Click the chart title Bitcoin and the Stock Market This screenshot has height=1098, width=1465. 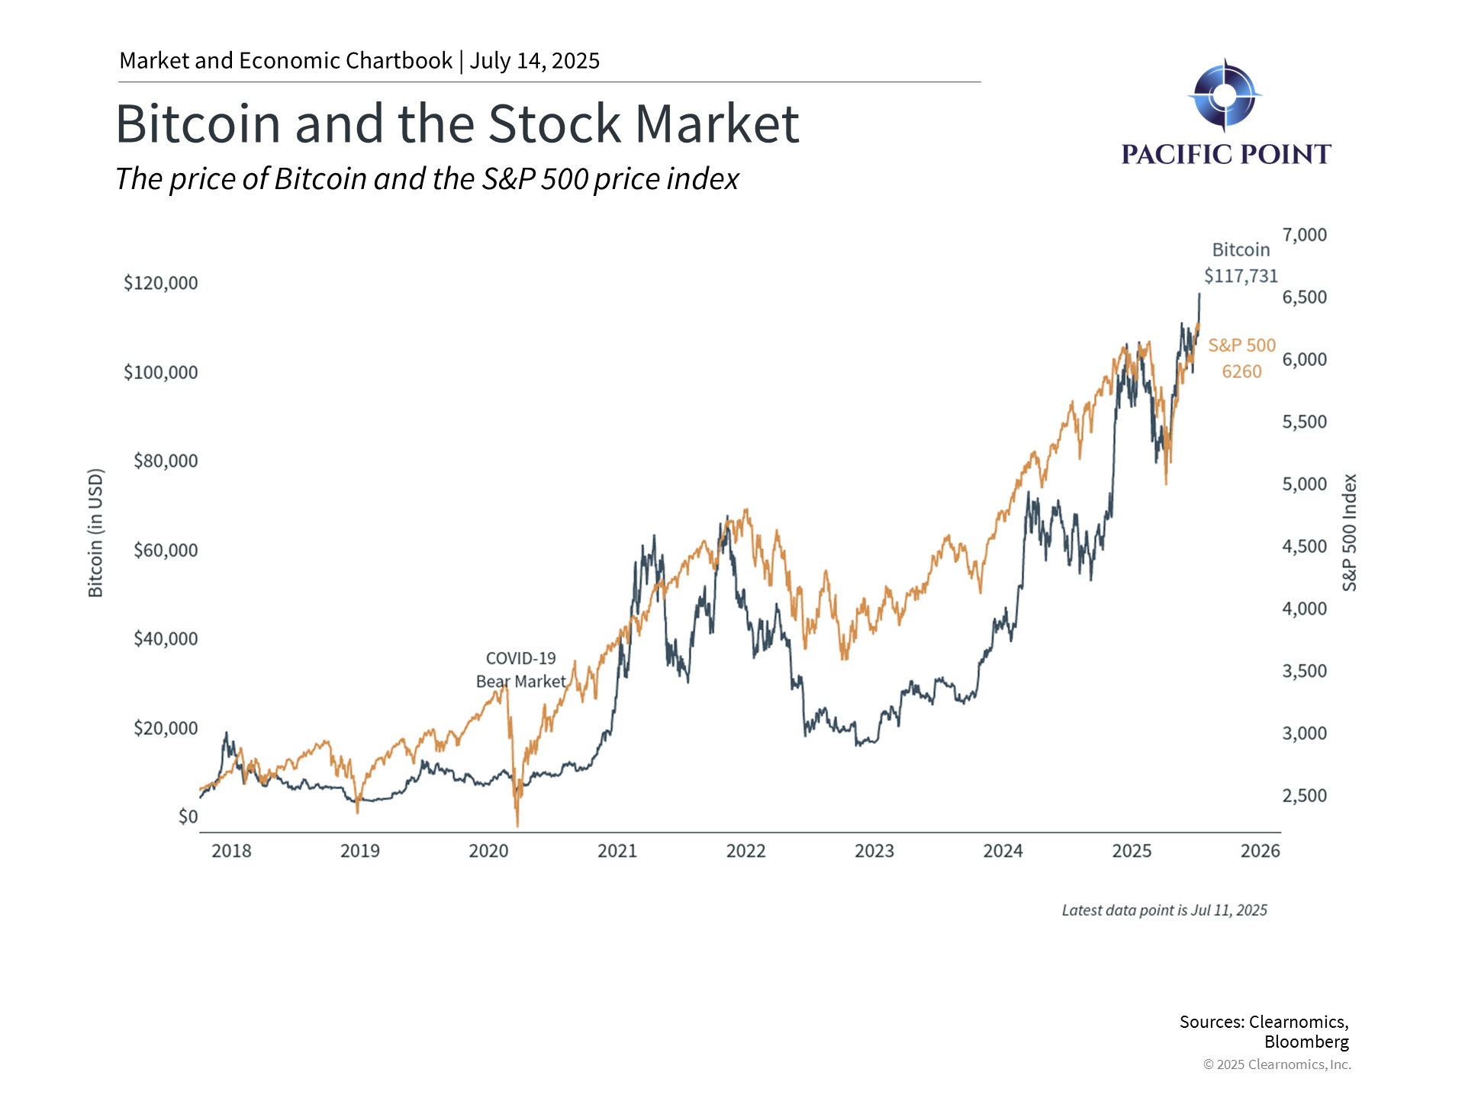tap(457, 124)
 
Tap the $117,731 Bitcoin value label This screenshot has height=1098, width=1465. tap(1241, 276)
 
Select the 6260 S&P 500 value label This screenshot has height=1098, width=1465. tap(1241, 372)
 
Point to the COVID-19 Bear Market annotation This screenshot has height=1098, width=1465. tap(521, 669)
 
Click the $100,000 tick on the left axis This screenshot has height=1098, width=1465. tap(160, 372)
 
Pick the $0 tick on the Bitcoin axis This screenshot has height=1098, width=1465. tap(188, 817)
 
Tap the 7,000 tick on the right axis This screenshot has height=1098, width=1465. tap(1304, 235)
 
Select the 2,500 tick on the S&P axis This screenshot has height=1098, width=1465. tap(1304, 795)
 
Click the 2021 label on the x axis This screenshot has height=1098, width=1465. tap(617, 851)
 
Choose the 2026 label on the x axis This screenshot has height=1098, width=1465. tap(1260, 851)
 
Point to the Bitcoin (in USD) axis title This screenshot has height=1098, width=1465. tap(95, 533)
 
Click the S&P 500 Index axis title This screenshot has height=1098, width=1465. tap(1349, 532)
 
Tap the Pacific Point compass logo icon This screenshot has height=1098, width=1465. tap(1224, 95)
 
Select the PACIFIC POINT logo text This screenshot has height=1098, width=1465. tap(1225, 155)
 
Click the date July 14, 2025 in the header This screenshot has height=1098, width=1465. tap(534, 61)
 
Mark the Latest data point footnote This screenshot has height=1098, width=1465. tap(1164, 910)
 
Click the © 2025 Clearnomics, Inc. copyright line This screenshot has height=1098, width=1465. tap(1277, 1064)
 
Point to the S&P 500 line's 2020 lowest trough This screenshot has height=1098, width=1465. tap(517, 825)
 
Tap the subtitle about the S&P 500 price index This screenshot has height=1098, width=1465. tap(427, 179)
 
